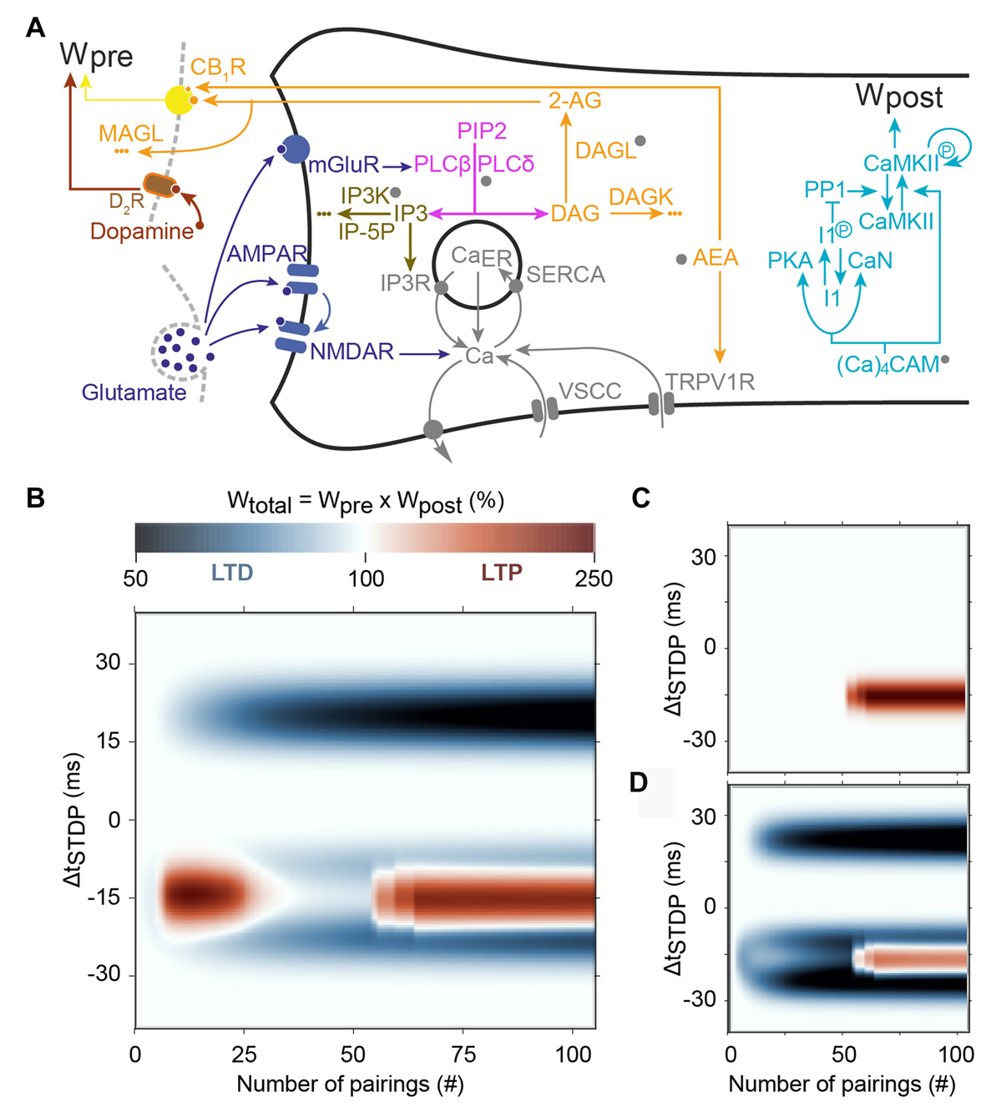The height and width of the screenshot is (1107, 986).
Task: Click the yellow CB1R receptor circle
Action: coord(179,100)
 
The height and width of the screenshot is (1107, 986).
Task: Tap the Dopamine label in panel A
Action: coord(142,231)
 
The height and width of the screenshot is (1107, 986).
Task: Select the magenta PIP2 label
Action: coord(482,131)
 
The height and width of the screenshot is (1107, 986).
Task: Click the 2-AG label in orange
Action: coord(574,101)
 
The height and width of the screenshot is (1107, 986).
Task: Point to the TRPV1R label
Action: coord(710,382)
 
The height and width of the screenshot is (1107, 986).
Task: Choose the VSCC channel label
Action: coord(590,391)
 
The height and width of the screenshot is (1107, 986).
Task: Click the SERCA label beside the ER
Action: coord(565,275)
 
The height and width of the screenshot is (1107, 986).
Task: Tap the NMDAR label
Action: coord(351,352)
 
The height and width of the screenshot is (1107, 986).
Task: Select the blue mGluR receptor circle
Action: coord(295,149)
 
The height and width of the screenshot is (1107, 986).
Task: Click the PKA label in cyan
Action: coord(790,261)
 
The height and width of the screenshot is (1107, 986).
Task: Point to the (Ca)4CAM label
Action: coord(887,366)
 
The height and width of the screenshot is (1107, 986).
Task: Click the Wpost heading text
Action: coord(899,97)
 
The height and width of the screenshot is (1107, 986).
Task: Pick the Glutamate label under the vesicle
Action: coord(134,392)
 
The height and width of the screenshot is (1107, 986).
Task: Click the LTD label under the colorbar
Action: coord(232,573)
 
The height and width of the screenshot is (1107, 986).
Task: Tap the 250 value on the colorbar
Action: coord(594,579)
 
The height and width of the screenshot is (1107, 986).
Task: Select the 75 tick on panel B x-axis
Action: coord(463,1054)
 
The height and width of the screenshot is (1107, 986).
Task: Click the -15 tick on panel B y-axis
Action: coord(103,897)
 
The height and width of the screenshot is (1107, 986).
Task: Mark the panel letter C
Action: coord(641,498)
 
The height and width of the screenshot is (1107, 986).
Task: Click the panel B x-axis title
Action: coord(350,1084)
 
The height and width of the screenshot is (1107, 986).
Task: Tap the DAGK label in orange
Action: coord(640,197)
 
